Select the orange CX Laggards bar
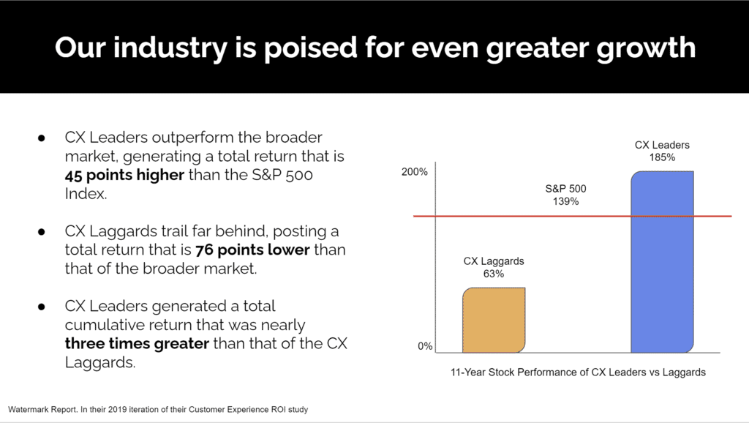[494, 320]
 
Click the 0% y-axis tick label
[424, 346]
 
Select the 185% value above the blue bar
[661, 157]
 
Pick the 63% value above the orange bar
[494, 274]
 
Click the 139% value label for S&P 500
[566, 201]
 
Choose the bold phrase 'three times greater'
[137, 343]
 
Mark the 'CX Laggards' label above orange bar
[494, 261]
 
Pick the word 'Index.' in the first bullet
[87, 194]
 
